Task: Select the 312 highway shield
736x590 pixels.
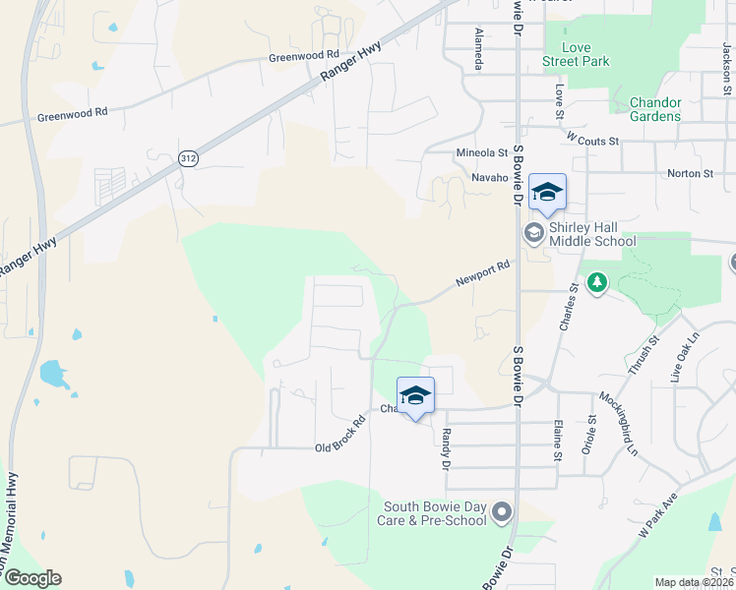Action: [189, 157]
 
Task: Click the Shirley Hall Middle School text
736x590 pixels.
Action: [593, 233]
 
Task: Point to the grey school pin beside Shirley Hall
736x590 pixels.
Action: [533, 233]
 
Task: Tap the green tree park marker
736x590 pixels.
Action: [596, 283]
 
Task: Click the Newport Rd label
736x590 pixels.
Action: [483, 273]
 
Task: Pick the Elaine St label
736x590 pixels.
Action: [558, 440]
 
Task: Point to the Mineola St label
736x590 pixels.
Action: [481, 153]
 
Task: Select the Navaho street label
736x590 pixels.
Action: [489, 178]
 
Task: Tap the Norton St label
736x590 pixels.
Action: [690, 174]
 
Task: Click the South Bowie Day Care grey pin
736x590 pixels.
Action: [503, 512]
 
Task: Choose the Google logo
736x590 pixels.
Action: [31, 578]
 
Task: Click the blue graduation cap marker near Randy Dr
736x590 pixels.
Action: [415, 396]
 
